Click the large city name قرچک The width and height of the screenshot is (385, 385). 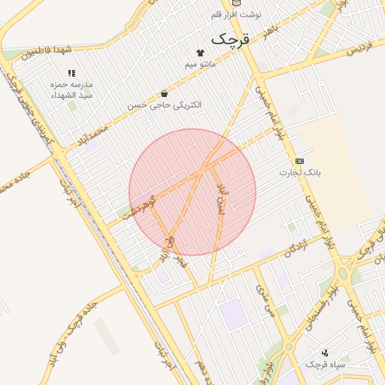(229, 38)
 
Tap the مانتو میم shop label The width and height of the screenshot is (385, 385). (201, 64)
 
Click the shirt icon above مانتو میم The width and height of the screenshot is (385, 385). (201, 53)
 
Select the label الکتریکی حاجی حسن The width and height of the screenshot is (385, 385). (165, 105)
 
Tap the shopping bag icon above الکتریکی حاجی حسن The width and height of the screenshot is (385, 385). (164, 94)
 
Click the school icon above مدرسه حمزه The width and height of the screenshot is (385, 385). (71, 74)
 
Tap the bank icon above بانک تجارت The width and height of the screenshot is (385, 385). (300, 161)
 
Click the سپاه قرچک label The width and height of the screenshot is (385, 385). (325, 365)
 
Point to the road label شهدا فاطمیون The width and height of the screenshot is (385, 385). (46, 51)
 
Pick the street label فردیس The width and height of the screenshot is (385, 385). (359, 46)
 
